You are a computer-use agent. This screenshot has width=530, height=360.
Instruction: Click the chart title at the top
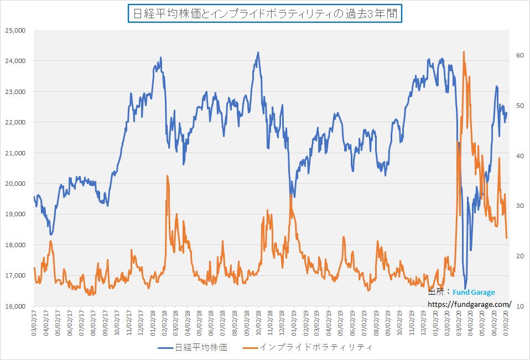coord(264,13)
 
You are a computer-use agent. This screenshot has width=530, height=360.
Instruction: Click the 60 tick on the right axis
coord(519,55)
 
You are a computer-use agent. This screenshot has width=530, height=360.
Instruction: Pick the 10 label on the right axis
coord(519,306)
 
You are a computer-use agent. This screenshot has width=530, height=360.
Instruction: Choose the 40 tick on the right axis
coord(519,156)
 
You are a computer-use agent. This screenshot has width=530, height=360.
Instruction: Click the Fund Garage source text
coord(474,293)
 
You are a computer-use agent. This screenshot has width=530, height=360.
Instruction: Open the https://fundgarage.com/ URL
coord(469,304)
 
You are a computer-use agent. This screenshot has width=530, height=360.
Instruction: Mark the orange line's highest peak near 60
coord(464,52)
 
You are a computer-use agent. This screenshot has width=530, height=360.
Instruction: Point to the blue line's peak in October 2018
coord(258,53)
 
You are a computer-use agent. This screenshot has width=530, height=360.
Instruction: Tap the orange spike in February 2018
coord(167,176)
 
